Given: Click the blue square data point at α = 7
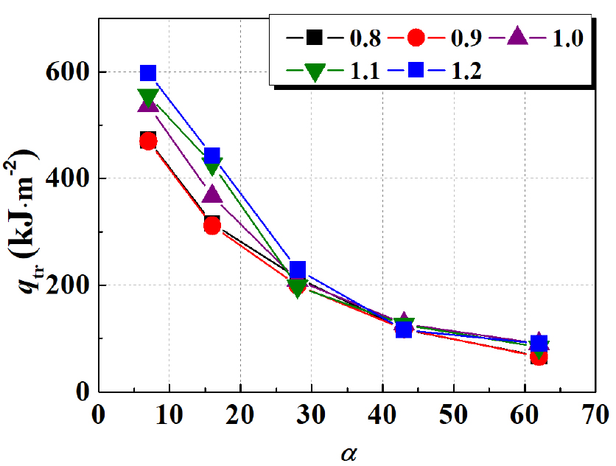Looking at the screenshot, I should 148,72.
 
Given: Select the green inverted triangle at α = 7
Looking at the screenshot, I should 148,97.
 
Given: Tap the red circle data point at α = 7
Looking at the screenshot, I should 148,141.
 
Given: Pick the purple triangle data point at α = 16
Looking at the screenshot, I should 212,195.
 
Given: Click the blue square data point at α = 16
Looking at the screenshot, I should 212,156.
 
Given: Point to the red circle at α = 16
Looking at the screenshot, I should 212,226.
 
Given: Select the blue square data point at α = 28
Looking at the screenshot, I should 297,269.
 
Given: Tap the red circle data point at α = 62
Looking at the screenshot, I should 539,357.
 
